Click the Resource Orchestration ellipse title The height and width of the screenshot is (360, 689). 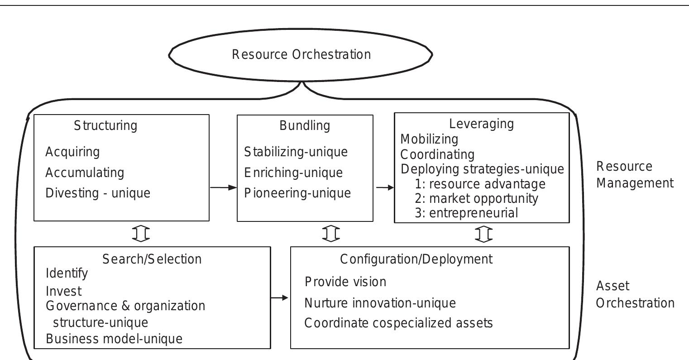tap(301, 55)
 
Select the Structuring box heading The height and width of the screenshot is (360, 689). tap(105, 125)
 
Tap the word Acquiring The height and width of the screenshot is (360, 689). tap(72, 152)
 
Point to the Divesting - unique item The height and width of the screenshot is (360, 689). tap(98, 193)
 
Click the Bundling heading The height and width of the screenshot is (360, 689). tap(305, 125)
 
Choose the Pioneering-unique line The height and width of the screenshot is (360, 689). tap(297, 193)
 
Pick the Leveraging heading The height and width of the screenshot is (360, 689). tap(481, 124)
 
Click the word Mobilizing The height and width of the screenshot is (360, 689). tap(429, 139)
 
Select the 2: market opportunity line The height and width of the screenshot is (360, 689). tap(476, 198)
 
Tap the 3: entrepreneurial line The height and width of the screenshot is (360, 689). tap(466, 213)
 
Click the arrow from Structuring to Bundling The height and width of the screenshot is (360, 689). tap(224, 187)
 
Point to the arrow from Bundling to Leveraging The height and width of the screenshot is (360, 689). tap(385, 187)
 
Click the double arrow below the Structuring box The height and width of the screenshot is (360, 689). tap(141, 234)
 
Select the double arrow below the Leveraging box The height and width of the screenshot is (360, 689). tap(484, 234)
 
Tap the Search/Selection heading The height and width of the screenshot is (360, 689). tap(152, 259)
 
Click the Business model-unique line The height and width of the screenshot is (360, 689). tap(114, 339)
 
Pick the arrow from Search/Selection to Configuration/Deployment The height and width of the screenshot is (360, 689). tap(280, 298)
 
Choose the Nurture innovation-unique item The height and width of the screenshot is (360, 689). tap(380, 302)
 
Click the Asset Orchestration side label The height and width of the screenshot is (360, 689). tap(635, 294)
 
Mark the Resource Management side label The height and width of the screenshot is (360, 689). tap(635, 175)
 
